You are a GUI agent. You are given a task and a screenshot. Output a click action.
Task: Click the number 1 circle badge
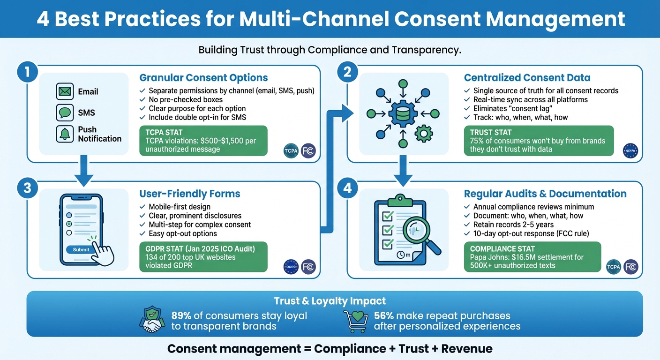(27, 73)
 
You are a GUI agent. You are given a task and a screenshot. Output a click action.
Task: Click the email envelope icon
(65, 91)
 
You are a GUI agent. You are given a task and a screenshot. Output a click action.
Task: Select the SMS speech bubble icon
(65, 112)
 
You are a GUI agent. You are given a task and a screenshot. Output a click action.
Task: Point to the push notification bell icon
(65, 134)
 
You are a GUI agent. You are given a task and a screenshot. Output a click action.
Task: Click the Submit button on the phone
(81, 249)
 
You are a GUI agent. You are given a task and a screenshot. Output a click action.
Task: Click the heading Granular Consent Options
(203, 78)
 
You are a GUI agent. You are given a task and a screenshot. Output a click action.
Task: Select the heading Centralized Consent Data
(527, 78)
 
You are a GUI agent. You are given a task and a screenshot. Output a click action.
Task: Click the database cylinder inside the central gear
(402, 113)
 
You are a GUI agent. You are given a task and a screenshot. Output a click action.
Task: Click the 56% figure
(384, 316)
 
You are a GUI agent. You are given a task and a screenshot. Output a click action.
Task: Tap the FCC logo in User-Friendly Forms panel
(308, 267)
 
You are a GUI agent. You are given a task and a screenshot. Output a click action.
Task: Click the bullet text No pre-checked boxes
(185, 99)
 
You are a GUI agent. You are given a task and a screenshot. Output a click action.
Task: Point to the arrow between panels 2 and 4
(403, 171)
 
